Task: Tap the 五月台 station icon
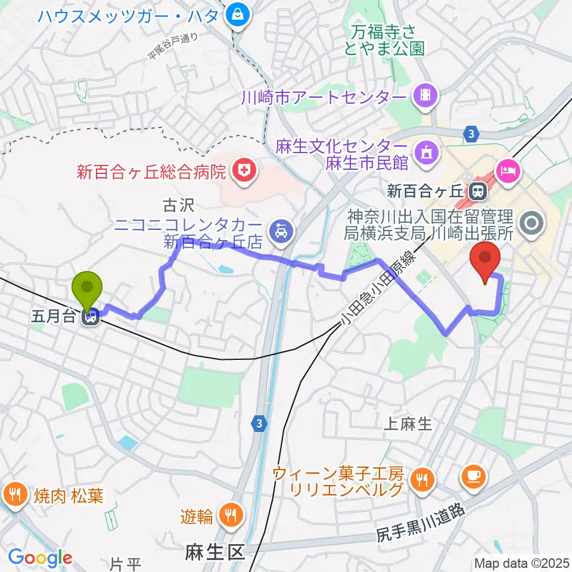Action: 91,319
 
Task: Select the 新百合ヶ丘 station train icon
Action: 477,192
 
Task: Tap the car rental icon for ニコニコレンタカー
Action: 279,229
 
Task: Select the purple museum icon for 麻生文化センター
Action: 427,151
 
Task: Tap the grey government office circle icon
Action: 529,225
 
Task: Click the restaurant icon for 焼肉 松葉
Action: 13,494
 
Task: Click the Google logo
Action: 39,558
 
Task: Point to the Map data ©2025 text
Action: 522,562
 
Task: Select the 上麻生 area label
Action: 409,424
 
